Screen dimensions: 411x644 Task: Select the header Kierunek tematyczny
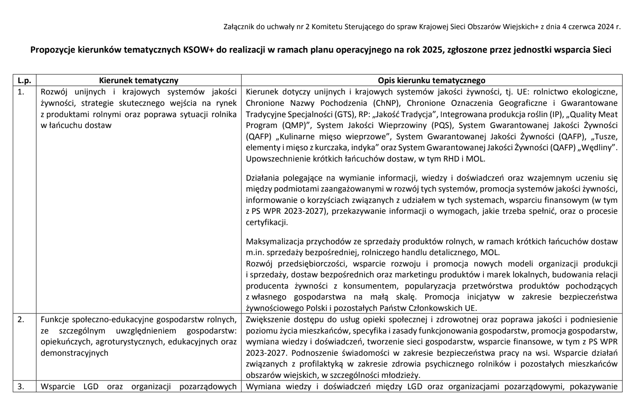[x=138, y=80]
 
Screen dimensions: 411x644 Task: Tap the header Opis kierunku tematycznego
[x=431, y=80]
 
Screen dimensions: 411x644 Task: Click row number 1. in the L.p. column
[x=20, y=92]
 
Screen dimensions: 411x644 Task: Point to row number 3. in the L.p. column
[x=20, y=387]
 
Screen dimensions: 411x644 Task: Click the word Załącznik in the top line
[x=238, y=27]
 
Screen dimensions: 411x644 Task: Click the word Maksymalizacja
[x=272, y=241]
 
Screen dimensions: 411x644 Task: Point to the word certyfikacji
[x=266, y=222]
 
